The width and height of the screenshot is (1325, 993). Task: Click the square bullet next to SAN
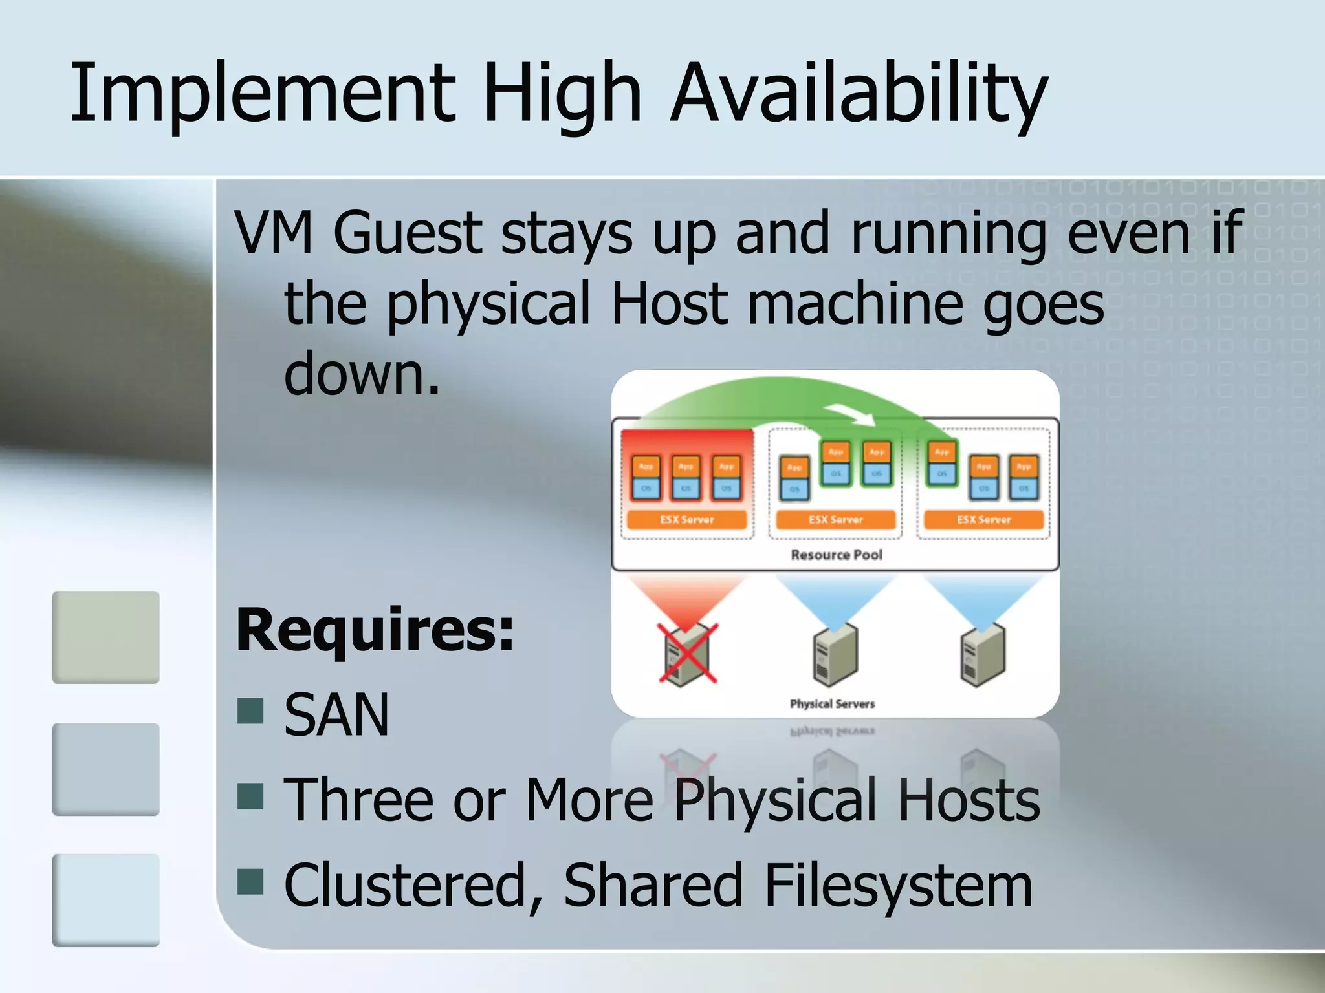(x=250, y=710)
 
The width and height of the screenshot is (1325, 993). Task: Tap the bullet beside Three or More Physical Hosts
(x=250, y=796)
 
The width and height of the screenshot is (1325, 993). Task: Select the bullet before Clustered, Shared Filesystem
(x=250, y=881)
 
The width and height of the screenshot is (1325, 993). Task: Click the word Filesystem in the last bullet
(x=897, y=885)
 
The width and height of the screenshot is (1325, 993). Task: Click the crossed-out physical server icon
(x=687, y=654)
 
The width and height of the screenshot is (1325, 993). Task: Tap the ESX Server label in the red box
(x=687, y=520)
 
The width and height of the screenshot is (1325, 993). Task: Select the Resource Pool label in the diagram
(x=837, y=555)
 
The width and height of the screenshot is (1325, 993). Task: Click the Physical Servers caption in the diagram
(x=832, y=703)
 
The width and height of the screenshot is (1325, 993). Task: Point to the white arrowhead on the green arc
(x=857, y=416)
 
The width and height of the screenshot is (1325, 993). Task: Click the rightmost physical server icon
(x=983, y=654)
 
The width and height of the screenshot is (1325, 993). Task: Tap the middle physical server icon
(x=835, y=654)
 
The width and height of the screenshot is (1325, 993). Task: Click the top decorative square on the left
(x=106, y=637)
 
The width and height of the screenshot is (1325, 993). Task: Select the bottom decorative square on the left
(x=106, y=900)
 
